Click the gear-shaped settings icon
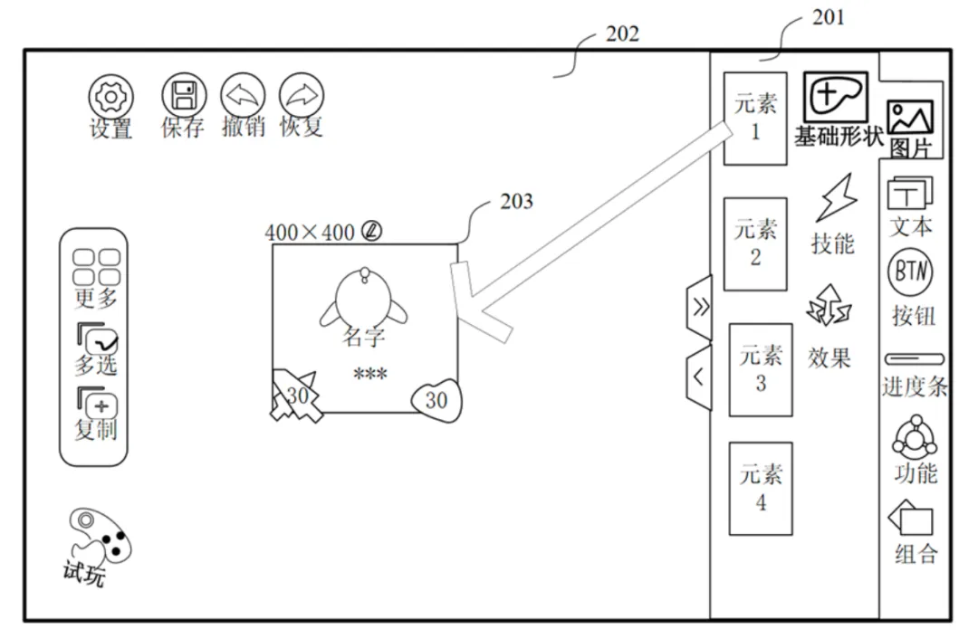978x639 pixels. click(x=111, y=97)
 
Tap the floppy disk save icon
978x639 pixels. click(x=184, y=95)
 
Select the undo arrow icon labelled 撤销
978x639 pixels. click(x=243, y=95)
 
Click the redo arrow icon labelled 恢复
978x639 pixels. click(x=302, y=95)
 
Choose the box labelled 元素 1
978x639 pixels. click(x=754, y=119)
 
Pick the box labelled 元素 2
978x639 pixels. click(x=754, y=243)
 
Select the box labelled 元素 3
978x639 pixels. click(x=761, y=369)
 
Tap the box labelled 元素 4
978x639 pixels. click(x=761, y=489)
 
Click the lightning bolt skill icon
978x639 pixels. click(x=836, y=197)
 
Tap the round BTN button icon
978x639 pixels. click(x=911, y=272)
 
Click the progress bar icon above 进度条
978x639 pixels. click(x=915, y=359)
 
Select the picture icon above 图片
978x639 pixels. click(x=911, y=117)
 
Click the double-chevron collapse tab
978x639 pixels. click(x=699, y=307)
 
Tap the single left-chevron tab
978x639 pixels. click(x=699, y=377)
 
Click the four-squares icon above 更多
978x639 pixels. click(x=96, y=267)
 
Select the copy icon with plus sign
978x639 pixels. click(x=97, y=404)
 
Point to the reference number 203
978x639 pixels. click(x=516, y=201)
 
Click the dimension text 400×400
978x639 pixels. click(x=310, y=233)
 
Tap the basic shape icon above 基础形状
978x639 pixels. click(x=836, y=96)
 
